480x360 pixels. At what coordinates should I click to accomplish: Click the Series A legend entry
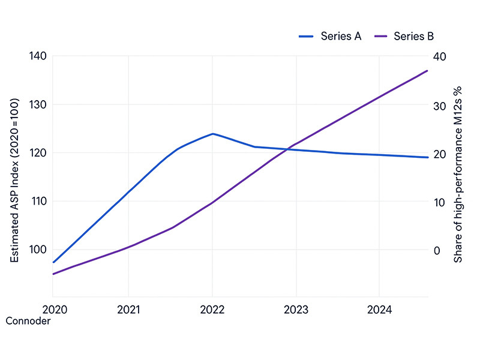[x=330, y=36]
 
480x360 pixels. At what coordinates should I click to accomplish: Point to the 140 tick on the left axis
[x=37, y=56]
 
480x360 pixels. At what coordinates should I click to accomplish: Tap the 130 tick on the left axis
[x=37, y=104]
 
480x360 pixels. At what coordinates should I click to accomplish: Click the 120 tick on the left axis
[x=37, y=153]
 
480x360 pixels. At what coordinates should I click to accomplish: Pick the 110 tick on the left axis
[x=37, y=202]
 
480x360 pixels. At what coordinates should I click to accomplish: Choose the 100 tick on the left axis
[x=37, y=250]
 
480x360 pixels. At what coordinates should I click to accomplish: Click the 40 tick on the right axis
[x=440, y=56]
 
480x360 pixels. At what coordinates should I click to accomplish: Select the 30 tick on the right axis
[x=440, y=105]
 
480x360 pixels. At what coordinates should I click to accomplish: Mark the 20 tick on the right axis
[x=440, y=154]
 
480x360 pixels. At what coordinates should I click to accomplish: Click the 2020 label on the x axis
[x=53, y=310]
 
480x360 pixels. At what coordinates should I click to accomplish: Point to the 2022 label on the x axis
[x=212, y=310]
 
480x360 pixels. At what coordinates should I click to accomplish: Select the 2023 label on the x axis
[x=296, y=310]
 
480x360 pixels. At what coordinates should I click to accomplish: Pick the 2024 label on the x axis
[x=379, y=310]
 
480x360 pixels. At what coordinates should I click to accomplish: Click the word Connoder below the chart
[x=28, y=321]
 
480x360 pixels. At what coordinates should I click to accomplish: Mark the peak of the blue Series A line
[x=212, y=134]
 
